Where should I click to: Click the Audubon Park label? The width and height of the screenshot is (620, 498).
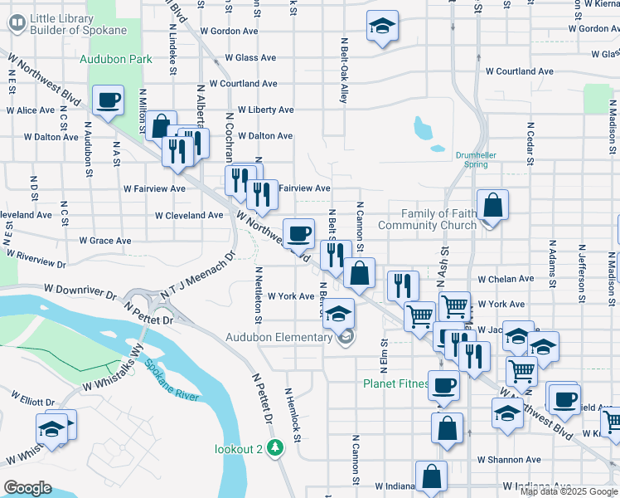click(x=116, y=59)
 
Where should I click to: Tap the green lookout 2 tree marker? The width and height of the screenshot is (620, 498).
click(x=276, y=448)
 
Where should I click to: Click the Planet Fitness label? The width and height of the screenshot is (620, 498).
click(x=396, y=384)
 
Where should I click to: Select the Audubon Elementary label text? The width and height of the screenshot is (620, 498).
click(x=279, y=337)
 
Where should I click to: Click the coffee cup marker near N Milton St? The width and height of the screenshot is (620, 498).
click(x=108, y=100)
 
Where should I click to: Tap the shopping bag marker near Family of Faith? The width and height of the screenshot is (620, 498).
click(x=492, y=206)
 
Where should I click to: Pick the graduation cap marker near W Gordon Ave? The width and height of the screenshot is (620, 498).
click(x=382, y=27)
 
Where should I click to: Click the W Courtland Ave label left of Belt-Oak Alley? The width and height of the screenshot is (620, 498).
click(x=243, y=84)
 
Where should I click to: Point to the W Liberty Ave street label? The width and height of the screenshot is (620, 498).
click(x=265, y=110)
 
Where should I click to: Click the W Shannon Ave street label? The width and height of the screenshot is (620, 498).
click(x=509, y=460)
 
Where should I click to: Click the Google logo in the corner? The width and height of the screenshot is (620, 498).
click(x=28, y=488)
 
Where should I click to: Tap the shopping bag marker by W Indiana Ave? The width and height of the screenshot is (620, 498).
click(x=431, y=477)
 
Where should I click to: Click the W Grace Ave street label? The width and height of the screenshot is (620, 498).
click(x=105, y=241)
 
